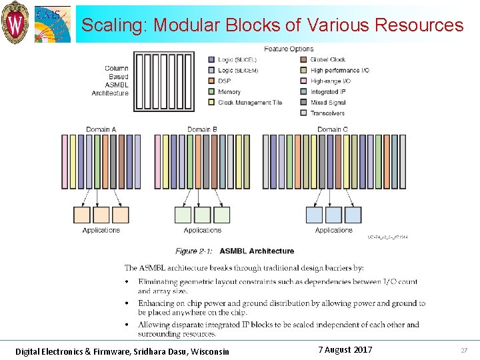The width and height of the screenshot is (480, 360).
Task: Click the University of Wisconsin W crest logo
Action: coord(15,22)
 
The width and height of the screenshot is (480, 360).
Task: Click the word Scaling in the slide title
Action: coord(114,25)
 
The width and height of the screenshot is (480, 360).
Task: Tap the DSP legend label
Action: coord(224,81)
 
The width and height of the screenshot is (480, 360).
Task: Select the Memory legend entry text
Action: coord(229,91)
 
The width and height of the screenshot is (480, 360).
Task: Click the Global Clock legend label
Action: coord(328,59)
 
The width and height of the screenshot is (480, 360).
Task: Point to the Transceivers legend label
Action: coord(328,113)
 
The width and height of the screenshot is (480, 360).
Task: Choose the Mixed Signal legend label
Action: coord(328,102)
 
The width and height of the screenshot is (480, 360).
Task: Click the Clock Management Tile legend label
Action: coord(250,102)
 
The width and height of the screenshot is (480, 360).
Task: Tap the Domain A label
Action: coord(101,129)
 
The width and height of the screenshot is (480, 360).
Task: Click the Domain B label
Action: coord(203,129)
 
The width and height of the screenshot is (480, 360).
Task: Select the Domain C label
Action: coord(333,129)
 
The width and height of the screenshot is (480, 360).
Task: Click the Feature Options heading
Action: coord(289,49)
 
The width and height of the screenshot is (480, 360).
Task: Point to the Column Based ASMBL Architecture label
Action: coord(111,81)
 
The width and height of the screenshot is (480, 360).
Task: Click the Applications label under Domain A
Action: coord(101,230)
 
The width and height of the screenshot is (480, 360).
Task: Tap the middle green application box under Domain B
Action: coord(203,215)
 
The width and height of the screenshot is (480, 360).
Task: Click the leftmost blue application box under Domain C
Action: coord(314,215)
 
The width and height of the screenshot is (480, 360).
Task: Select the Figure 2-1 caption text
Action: coord(235,251)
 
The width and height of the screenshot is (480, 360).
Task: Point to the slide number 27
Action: coord(464,351)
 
